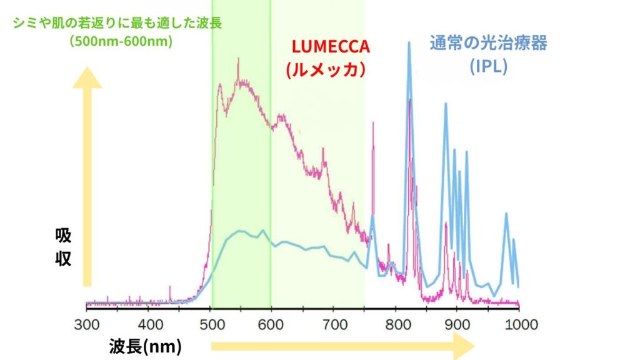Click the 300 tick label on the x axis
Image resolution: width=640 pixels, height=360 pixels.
pos(86,325)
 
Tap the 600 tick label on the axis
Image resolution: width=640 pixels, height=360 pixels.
pos(271,325)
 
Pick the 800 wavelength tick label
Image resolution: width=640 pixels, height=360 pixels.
pos(397,325)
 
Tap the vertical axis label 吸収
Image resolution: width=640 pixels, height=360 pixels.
pos(63,247)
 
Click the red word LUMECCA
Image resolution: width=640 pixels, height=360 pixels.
pos(331,46)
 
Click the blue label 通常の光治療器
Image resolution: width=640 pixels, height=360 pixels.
pos(488,43)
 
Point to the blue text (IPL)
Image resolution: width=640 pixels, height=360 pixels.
pos(488,66)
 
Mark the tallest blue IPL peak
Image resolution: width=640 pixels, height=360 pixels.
pos(409,42)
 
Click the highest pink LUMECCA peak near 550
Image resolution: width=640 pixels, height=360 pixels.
pos(238,59)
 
